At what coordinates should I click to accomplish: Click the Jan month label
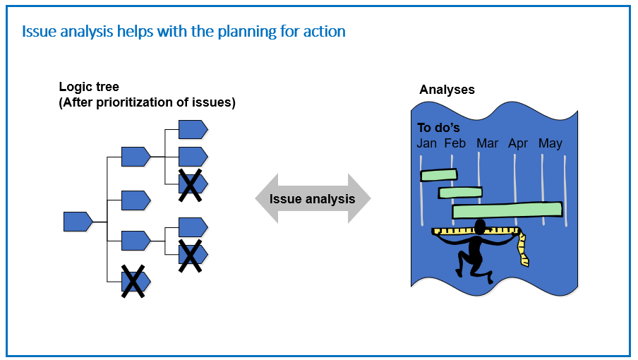426,143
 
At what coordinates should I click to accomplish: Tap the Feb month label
455,143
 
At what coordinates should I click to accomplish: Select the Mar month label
487,143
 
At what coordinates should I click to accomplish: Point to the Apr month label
517,144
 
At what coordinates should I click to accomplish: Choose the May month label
550,144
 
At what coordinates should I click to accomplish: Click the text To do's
438,128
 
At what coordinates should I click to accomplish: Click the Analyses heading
447,90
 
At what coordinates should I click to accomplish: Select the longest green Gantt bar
507,210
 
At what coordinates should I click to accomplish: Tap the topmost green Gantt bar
439,175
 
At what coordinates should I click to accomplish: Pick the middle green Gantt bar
460,193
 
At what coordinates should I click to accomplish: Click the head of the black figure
480,227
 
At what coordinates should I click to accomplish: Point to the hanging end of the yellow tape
525,263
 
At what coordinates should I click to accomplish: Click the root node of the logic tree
78,222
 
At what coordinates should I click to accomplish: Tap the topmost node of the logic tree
193,130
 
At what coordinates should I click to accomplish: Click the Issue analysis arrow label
312,199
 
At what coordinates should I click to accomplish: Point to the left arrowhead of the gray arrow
267,198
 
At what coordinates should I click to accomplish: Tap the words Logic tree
89,87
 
